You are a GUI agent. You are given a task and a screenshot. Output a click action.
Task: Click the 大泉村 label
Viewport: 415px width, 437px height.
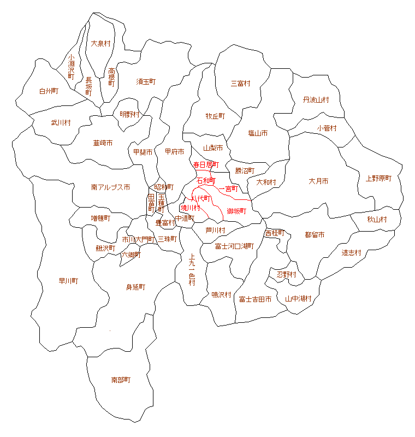pyautogui.click(x=101, y=43)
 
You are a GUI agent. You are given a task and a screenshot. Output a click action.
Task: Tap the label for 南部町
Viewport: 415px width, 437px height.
pyautogui.click(x=121, y=380)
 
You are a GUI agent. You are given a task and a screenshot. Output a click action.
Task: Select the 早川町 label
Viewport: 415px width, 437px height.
pyautogui.click(x=69, y=281)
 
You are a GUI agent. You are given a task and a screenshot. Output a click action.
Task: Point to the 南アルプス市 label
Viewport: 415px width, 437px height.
pyautogui.click(x=110, y=187)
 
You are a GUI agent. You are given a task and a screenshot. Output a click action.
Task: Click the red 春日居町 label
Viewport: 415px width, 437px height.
pyautogui.click(x=206, y=164)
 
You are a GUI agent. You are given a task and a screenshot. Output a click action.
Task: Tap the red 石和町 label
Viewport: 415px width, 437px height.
pyautogui.click(x=206, y=180)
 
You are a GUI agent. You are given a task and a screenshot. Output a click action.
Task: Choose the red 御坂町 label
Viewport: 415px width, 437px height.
pyautogui.click(x=236, y=211)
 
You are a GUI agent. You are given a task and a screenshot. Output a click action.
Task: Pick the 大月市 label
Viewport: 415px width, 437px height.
pyautogui.click(x=318, y=181)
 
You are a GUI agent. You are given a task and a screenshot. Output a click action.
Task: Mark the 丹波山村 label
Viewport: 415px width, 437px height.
pyautogui.click(x=316, y=100)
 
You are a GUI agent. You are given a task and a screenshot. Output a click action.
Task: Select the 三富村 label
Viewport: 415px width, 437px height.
pyautogui.click(x=240, y=84)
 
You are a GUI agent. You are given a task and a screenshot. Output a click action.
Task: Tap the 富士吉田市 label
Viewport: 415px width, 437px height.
pyautogui.click(x=255, y=299)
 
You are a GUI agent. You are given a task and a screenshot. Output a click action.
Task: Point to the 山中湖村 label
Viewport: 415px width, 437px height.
pyautogui.click(x=298, y=299)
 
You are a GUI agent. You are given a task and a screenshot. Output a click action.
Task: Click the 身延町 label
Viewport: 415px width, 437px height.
pyautogui.click(x=135, y=287)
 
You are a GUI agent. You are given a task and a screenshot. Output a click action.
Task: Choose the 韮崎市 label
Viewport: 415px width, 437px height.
pyautogui.click(x=103, y=143)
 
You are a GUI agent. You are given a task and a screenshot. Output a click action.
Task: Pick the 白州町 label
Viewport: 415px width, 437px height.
pyautogui.click(x=49, y=91)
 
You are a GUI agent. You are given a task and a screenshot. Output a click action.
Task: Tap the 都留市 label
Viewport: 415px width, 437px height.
pyautogui.click(x=315, y=235)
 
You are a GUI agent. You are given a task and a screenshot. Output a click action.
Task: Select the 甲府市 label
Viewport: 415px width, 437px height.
pyautogui.click(x=174, y=151)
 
